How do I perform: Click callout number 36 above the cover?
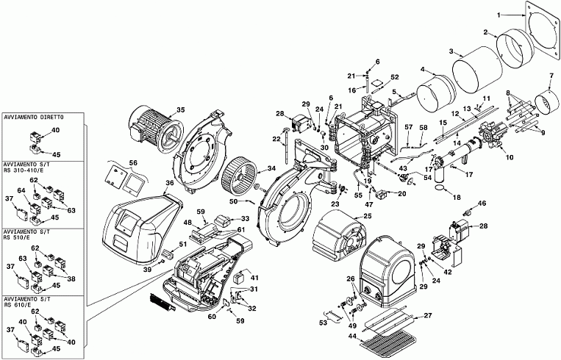pos(170,183)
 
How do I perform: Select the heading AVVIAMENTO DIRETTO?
pos(34,118)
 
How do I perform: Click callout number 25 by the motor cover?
pos(368,216)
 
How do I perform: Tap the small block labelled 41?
pos(240,278)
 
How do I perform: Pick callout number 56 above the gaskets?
pos(133,163)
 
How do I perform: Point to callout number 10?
pos(510,157)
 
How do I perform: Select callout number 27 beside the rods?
pos(428,315)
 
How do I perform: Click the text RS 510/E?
pos(17,237)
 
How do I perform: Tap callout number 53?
pos(324,323)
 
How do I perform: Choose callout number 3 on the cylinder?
pos(451,51)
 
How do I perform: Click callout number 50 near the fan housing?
pos(234,201)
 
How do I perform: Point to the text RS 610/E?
pos(17,305)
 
